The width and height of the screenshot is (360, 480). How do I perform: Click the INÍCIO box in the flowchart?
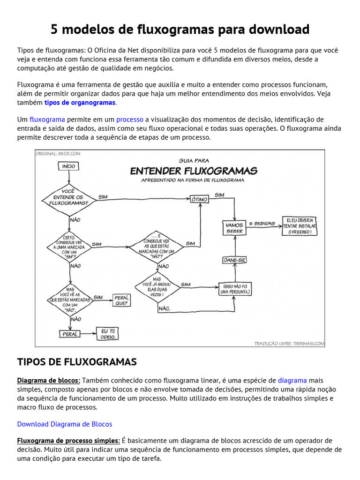(68, 166)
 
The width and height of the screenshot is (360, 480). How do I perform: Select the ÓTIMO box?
(199, 199)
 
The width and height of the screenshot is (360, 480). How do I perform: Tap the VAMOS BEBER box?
(234, 228)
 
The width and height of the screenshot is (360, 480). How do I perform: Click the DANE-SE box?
(234, 260)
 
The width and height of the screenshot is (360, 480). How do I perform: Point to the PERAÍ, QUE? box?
(121, 300)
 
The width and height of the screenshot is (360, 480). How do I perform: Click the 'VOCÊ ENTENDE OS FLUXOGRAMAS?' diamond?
(68, 197)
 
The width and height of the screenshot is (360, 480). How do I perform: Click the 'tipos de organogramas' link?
(80, 103)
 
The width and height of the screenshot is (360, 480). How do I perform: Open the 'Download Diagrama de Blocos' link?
(65, 424)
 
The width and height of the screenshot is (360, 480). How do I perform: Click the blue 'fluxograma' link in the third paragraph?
(47, 119)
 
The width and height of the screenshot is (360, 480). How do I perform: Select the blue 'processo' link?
(130, 119)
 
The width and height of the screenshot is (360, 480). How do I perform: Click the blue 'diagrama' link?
(292, 380)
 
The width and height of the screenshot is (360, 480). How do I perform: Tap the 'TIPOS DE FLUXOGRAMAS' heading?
(77, 361)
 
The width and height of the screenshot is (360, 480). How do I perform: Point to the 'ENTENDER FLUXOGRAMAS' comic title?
(193, 170)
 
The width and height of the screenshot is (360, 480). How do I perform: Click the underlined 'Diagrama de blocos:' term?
(49, 380)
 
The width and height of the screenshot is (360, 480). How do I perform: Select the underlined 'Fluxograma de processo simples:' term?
(68, 440)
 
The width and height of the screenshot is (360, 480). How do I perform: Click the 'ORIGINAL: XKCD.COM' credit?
(58, 153)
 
